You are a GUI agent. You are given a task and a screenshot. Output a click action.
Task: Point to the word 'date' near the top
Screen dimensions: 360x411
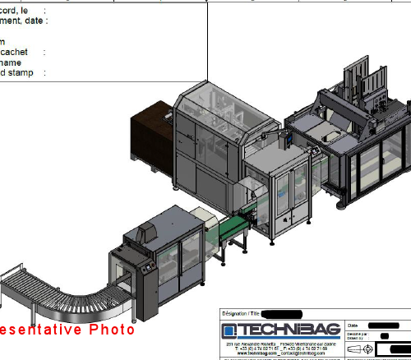tap(35, 20)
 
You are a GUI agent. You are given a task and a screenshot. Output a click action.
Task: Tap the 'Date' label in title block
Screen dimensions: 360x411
tap(354, 325)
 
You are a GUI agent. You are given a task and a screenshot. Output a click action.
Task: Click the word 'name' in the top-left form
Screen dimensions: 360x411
tap(11, 62)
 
